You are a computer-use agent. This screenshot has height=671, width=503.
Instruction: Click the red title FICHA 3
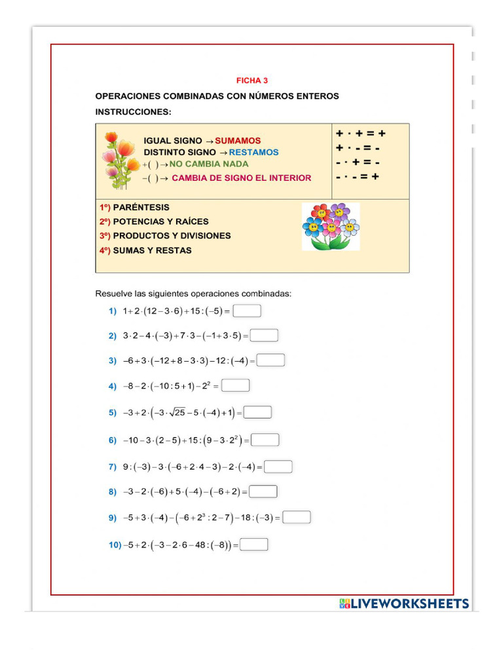252,81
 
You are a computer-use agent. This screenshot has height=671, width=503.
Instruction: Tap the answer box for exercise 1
247,311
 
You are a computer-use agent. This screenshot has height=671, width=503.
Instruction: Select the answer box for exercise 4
235,386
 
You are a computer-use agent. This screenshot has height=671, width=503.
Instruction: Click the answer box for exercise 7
278,467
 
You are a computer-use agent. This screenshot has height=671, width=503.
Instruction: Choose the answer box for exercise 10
254,545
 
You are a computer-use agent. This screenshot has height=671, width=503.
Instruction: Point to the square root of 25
176,413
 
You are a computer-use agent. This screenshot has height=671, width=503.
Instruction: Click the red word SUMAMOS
238,141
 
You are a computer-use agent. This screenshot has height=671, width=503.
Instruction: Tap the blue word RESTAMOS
253,152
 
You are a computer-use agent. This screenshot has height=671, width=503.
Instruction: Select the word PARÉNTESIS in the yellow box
141,207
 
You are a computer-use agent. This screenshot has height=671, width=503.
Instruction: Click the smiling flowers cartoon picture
331,226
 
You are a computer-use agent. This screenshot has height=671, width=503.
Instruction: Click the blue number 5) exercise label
113,413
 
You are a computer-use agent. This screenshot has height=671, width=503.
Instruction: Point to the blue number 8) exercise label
113,491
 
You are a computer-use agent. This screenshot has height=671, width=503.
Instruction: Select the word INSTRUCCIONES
133,112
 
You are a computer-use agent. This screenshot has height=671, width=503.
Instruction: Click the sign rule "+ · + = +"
361,134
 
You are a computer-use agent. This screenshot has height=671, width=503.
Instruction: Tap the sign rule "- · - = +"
358,177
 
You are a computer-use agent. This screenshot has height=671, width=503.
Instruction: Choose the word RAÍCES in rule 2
187,221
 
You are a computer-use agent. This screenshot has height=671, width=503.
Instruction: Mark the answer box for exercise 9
296,517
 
